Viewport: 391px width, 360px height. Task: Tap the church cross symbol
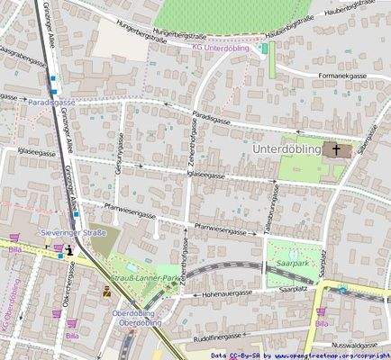click(x=337, y=150)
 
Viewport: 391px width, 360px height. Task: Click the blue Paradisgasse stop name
click(x=51, y=103)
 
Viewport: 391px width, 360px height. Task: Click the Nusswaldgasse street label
click(x=353, y=345)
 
